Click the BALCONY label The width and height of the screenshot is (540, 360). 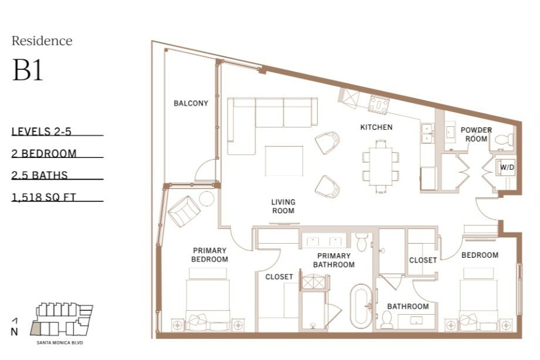coord(191,103)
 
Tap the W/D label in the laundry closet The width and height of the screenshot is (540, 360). coord(507,167)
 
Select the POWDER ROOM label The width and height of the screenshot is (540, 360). coord(477,134)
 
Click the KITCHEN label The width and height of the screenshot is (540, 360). coord(377,127)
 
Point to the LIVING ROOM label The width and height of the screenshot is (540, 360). coord(283,206)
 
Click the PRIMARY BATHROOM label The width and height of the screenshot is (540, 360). coord(334,260)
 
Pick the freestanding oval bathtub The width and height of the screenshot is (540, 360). coord(361,306)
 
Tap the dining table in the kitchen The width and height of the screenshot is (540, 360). coord(381,166)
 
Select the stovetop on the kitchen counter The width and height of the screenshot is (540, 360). coord(379,104)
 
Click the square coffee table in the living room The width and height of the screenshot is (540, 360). coord(284,161)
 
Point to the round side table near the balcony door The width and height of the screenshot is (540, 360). coord(207,198)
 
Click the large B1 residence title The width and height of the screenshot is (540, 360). coord(28,70)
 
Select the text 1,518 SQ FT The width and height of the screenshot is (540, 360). coord(43,197)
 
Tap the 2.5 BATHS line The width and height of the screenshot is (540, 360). coord(39,175)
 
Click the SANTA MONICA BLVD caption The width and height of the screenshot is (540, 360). coord(60,343)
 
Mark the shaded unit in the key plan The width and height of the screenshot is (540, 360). coord(35,329)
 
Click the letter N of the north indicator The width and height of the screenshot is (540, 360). coord(14,332)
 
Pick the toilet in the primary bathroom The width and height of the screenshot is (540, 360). coord(362,242)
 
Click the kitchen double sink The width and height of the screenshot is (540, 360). coord(427,133)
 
